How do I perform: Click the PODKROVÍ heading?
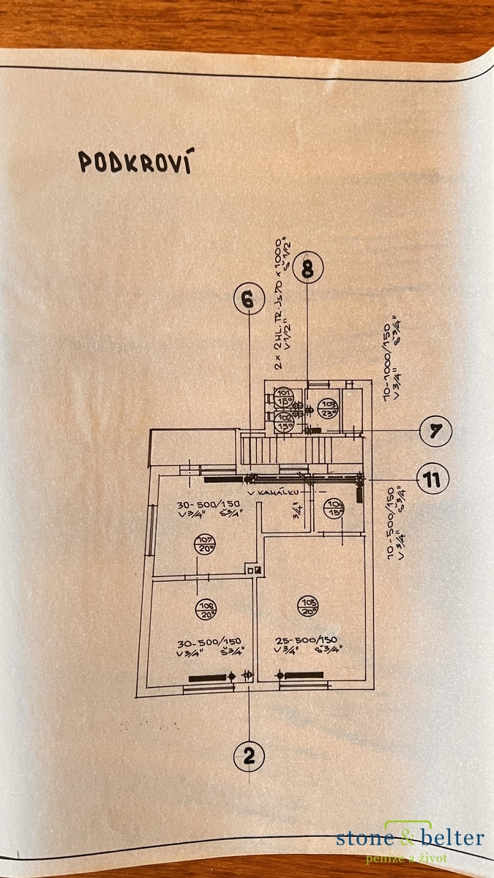point(135,162)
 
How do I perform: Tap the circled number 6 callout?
point(249,299)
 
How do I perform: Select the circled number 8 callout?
point(307,269)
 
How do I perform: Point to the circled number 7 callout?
point(435,431)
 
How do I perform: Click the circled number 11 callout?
point(433,480)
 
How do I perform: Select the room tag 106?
point(206,608)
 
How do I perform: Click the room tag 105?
point(307,604)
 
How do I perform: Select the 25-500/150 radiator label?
point(307,638)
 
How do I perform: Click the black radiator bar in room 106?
point(209,678)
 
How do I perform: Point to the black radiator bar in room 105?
point(302,675)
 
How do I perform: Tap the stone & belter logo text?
point(410,838)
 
